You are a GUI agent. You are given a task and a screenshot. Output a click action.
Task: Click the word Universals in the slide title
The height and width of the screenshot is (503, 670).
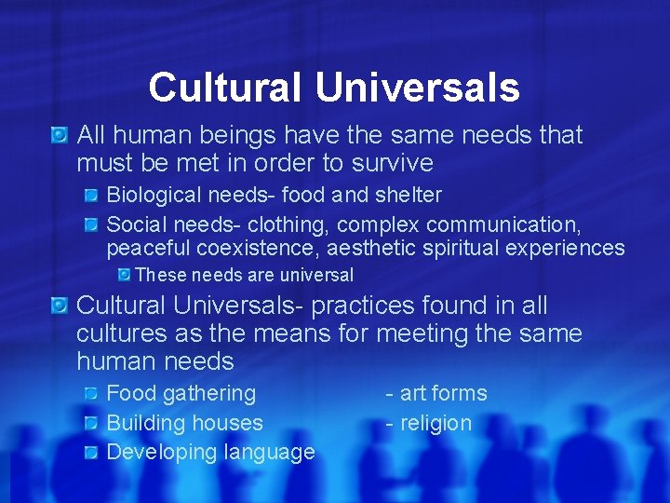click(x=417, y=88)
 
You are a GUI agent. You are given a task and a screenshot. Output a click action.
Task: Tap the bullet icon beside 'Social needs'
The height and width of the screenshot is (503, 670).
click(x=91, y=224)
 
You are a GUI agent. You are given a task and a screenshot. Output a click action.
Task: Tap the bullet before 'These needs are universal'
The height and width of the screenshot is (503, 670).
click(x=122, y=275)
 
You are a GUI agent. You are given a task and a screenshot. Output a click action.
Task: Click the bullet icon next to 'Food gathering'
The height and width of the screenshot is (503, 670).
click(x=91, y=393)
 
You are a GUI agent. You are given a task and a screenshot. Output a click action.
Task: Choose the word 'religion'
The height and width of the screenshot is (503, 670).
click(x=435, y=423)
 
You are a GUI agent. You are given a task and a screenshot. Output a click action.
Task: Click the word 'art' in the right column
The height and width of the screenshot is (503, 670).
click(x=414, y=393)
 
